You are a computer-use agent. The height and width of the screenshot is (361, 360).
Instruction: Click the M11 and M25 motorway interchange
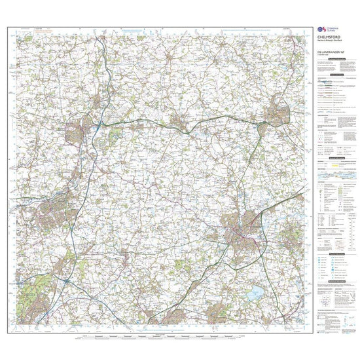[69, 280]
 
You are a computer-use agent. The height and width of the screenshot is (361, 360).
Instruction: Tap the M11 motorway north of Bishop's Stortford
[98, 66]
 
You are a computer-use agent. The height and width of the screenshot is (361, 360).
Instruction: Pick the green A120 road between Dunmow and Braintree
[223, 119]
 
